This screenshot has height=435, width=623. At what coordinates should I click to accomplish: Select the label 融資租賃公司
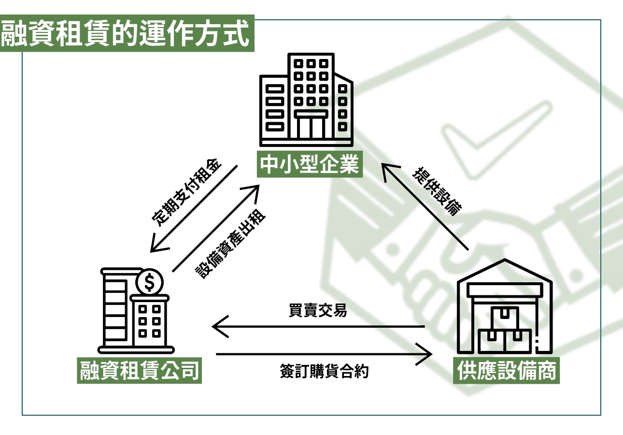click(139, 371)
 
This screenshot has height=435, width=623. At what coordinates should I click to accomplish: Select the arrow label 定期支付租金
click(187, 192)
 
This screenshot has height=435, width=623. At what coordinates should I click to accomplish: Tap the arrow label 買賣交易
click(317, 311)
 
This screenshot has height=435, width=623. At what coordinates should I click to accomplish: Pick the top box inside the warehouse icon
click(504, 317)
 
